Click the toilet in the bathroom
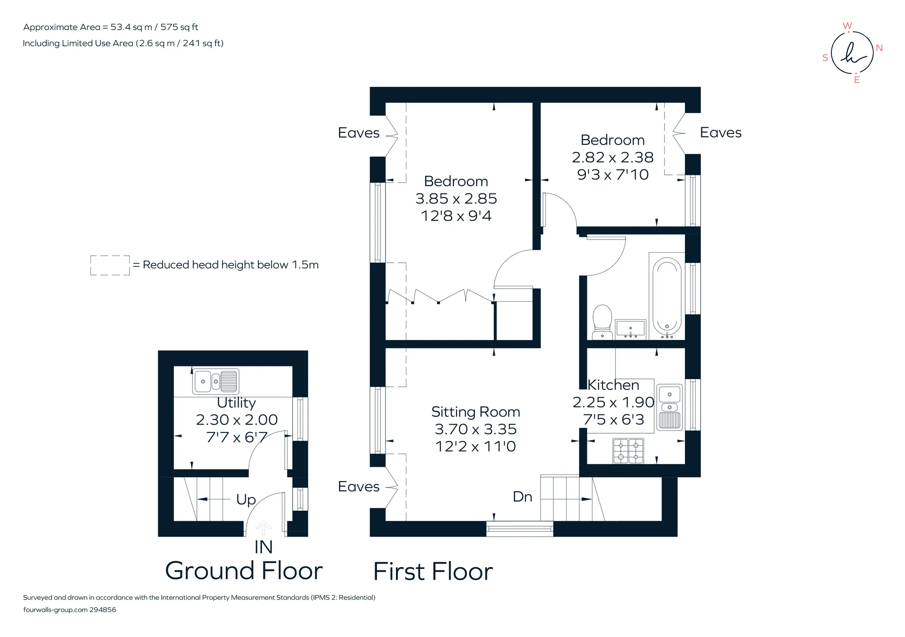[602, 322]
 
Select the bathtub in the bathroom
[666, 296]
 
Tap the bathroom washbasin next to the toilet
[631, 329]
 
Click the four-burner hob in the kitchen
[628, 451]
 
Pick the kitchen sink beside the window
[669, 407]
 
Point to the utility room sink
[216, 381]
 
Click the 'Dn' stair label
[522, 496]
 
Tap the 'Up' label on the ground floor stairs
[246, 499]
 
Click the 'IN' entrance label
[263, 547]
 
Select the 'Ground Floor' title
[244, 571]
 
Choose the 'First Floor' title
[433, 571]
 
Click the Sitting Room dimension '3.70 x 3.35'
[476, 429]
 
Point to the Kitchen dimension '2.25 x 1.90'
[613, 402]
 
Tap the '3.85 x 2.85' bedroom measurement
[456, 199]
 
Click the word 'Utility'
[237, 403]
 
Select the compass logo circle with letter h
[852, 53]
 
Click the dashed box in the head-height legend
[110, 265]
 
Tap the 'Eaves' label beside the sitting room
[359, 487]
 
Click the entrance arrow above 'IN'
[263, 528]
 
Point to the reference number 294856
[103, 610]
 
